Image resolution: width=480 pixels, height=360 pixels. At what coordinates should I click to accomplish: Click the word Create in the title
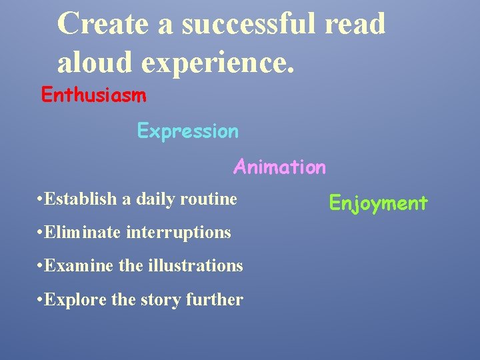(x=102, y=24)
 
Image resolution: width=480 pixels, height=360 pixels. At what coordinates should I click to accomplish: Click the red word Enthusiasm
(x=93, y=95)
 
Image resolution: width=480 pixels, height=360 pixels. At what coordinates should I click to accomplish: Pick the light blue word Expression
(x=187, y=131)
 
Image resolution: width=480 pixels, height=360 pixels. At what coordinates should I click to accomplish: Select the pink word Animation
(x=279, y=167)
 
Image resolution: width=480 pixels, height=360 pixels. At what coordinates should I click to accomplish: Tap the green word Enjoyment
(x=378, y=203)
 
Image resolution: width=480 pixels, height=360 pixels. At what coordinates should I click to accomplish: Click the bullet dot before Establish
(x=41, y=199)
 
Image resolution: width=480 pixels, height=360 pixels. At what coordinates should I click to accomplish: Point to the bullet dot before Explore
(x=41, y=300)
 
